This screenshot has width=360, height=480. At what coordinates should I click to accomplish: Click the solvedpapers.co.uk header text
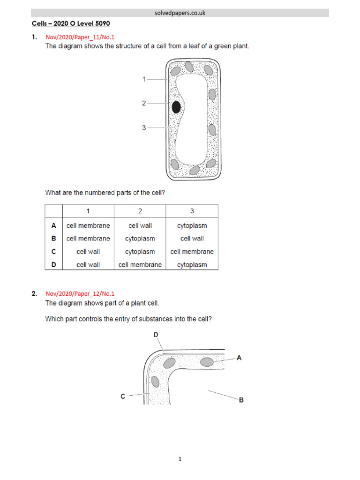click(180, 13)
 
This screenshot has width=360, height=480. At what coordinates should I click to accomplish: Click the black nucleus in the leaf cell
click(176, 107)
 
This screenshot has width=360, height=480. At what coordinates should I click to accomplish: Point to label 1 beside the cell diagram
click(144, 79)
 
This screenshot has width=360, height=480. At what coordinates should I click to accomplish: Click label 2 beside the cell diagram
click(144, 103)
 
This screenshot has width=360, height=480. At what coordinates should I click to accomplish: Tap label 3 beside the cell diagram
click(144, 127)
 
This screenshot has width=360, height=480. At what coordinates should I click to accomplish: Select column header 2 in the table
click(140, 211)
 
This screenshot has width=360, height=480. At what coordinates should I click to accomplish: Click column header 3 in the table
click(192, 211)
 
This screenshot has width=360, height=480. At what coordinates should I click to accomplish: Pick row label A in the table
click(53, 225)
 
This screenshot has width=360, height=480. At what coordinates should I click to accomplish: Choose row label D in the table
click(53, 264)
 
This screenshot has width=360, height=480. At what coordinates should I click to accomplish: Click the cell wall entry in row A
click(140, 225)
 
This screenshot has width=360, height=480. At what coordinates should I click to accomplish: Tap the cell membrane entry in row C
click(192, 252)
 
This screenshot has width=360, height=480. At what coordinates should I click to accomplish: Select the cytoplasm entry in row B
click(140, 239)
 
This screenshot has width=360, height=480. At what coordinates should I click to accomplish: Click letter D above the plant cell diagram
click(156, 335)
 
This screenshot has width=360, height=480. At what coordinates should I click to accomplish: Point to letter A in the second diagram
click(239, 358)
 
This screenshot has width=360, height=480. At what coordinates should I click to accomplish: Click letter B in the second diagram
click(241, 400)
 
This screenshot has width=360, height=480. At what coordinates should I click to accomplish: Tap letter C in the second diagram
click(123, 396)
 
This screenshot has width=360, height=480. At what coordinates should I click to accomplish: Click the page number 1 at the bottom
click(180, 459)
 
